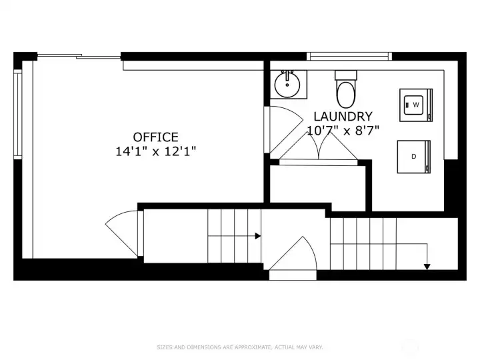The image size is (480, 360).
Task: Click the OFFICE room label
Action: click(x=155, y=137)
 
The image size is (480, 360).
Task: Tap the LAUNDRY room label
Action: click(x=343, y=117)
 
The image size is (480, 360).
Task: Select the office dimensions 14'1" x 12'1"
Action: click(x=155, y=151)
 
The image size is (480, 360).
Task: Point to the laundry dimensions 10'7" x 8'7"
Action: click(x=343, y=131)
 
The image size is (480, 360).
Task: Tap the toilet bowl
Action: click(x=346, y=94)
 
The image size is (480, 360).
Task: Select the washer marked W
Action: click(x=416, y=105)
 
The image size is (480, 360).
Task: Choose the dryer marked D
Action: click(x=414, y=157)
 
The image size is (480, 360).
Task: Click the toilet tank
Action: click(x=346, y=75)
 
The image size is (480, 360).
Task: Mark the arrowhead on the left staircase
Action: click(x=258, y=236)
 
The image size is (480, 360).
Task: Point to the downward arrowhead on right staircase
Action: click(x=427, y=267)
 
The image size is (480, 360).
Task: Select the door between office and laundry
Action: click(x=282, y=129)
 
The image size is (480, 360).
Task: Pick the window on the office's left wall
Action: click(x=18, y=114)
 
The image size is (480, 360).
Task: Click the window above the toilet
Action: click(x=349, y=56)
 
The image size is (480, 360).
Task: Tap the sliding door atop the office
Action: click(x=79, y=56)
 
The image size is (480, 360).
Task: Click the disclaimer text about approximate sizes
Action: click(x=240, y=347)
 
